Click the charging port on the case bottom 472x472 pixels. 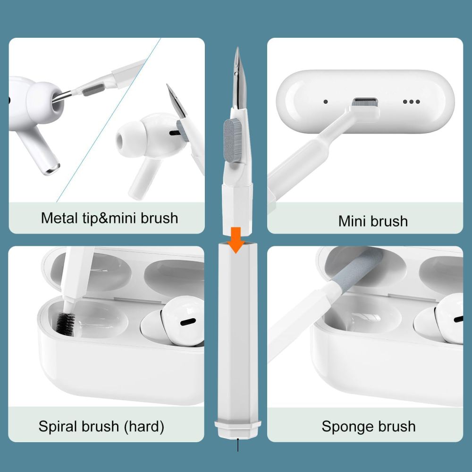(365, 101)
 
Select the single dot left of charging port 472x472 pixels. (325, 101)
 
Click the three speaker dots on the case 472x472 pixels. (411, 101)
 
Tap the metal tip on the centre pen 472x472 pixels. (237, 76)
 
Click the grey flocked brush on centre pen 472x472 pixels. (230, 134)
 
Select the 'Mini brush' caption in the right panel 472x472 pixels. (373, 220)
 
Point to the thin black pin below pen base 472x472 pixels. (238, 446)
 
